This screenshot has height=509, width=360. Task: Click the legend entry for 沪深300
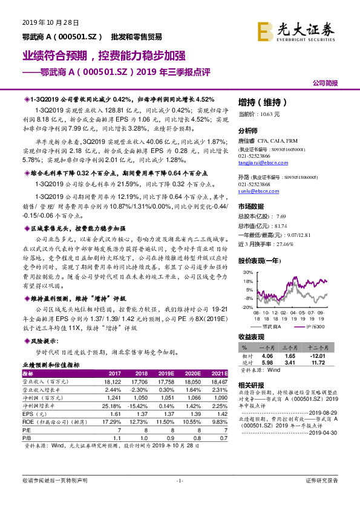point(316,327)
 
